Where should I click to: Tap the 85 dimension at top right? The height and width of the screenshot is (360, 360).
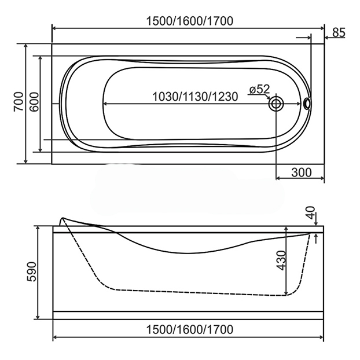tap(339, 33)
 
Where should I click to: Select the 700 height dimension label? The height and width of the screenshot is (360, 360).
tap(17, 103)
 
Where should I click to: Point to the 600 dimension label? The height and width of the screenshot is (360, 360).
tap(34, 103)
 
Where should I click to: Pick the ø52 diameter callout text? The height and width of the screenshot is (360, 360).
tap(259, 89)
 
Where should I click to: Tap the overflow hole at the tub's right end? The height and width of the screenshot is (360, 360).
tap(307, 104)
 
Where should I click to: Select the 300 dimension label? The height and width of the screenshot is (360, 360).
tap(302, 172)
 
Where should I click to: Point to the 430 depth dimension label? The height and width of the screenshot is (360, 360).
tap(280, 262)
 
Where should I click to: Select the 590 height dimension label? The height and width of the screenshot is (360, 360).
tap(31, 272)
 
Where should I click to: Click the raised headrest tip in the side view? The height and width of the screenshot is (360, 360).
tap(62, 219)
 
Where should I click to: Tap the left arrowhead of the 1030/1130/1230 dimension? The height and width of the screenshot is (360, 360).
tap(105, 104)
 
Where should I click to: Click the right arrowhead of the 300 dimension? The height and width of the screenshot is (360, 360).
tap(321, 178)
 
